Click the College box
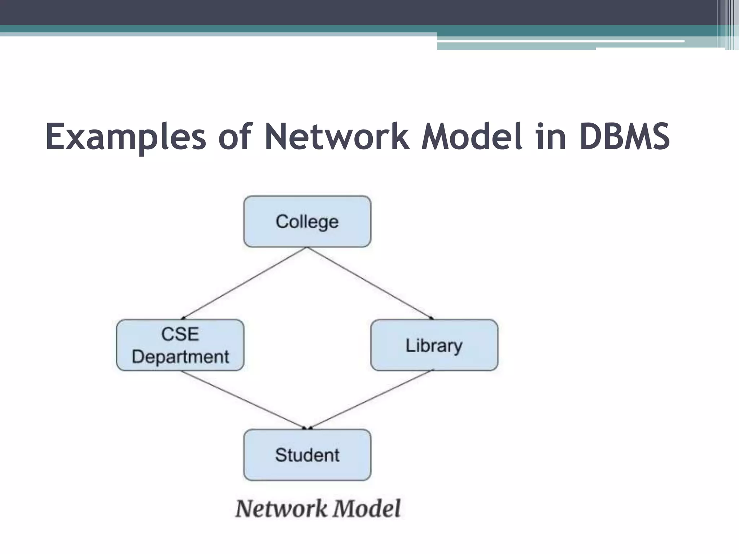[x=307, y=221]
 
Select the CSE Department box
[x=180, y=345]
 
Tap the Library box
[x=434, y=345]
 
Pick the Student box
[x=307, y=455]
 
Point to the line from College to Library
[x=370, y=283]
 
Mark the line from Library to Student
[x=372, y=399]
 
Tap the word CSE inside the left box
[x=180, y=334]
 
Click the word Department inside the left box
[x=180, y=357]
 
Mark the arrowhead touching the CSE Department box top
[x=183, y=318]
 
